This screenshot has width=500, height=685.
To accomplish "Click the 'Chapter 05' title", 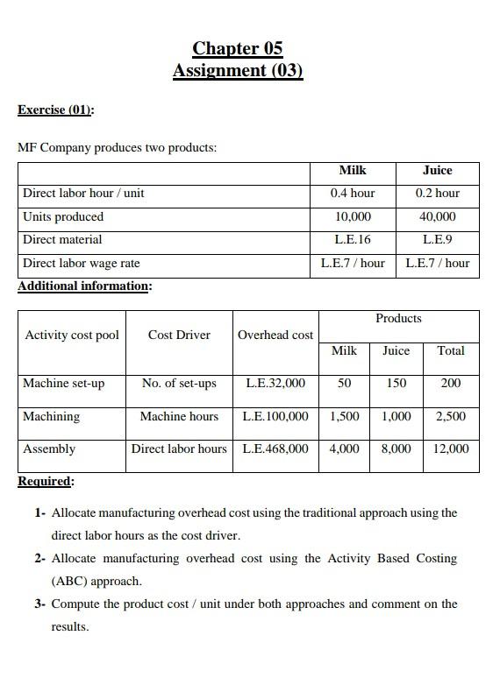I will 238,48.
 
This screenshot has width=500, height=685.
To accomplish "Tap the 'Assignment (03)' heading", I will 238,70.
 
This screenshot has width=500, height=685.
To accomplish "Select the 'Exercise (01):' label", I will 56,109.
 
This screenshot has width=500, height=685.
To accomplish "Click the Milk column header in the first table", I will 352,170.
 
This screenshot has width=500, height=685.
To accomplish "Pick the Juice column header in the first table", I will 437,170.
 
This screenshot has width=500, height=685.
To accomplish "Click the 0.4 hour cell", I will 352,193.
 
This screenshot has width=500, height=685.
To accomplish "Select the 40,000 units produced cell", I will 437,216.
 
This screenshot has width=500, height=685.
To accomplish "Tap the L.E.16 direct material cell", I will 352,239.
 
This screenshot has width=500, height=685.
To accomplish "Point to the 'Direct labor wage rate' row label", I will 81,263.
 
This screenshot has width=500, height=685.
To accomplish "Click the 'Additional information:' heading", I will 84,286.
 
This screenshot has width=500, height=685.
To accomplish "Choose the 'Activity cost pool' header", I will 72,335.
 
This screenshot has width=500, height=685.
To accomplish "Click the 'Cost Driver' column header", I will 179,335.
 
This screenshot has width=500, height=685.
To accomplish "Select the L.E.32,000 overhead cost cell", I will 275,383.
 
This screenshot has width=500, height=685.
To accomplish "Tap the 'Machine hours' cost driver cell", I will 179,416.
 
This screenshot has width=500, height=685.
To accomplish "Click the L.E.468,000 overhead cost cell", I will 275,448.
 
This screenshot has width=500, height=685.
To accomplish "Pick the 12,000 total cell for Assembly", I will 451,448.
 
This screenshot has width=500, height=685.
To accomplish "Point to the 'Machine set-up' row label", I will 63,383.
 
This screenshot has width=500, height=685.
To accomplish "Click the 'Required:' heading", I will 46,481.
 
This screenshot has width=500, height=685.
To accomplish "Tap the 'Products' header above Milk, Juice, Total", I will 398,318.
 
